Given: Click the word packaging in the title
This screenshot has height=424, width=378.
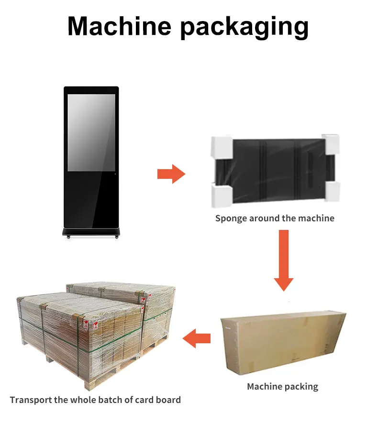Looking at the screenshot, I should click(x=244, y=26).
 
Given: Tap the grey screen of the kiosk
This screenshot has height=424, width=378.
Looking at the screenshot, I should click(x=91, y=132).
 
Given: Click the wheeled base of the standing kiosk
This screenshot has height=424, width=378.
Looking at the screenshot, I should click(x=91, y=233).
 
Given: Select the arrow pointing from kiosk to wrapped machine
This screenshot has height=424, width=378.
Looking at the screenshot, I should click(x=171, y=174).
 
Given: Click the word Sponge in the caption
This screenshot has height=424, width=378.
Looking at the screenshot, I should click(x=232, y=218).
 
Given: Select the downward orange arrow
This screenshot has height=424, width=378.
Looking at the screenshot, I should click(x=284, y=261).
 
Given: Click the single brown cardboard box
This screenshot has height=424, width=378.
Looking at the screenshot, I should click(x=282, y=341).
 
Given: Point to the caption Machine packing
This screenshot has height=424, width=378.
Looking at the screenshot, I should click(x=282, y=386).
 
